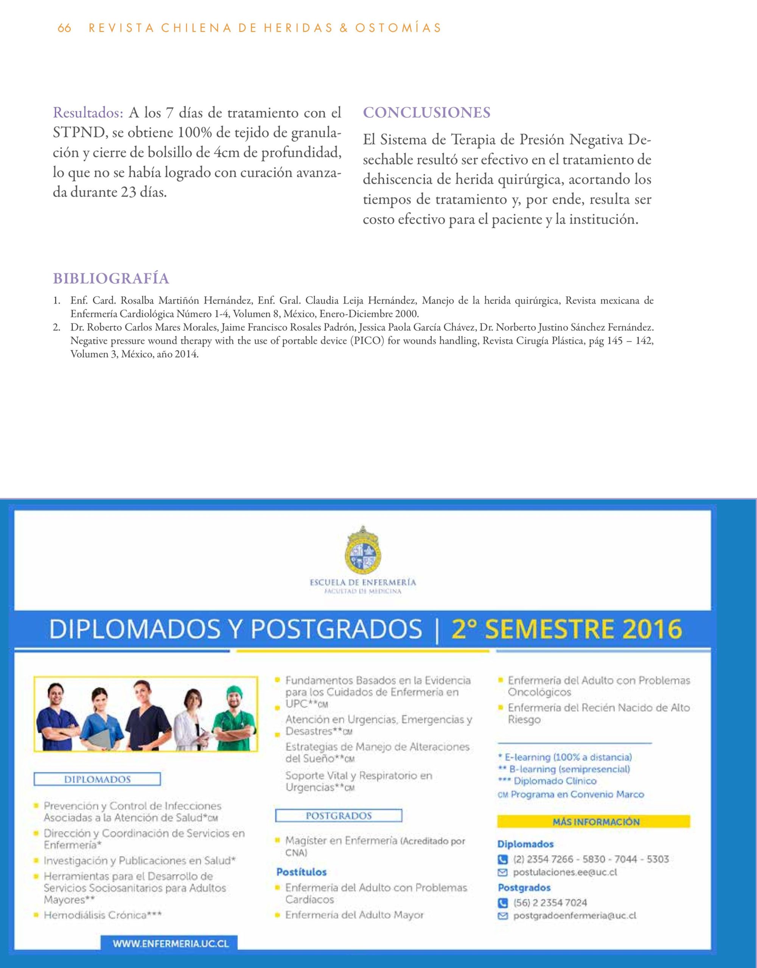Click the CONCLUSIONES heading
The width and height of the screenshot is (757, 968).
(x=427, y=113)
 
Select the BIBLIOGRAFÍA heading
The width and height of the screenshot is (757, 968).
(x=111, y=279)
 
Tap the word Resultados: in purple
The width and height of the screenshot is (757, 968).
(x=88, y=113)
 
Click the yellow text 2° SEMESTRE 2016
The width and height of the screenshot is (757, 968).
(x=566, y=629)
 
